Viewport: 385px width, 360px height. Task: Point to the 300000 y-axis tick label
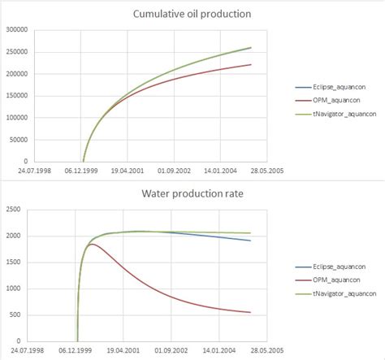coord(17,30)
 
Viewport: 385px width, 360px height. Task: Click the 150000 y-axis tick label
coord(17,96)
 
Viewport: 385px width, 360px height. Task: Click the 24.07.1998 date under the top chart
coord(37,171)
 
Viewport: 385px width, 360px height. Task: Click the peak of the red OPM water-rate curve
coord(92,244)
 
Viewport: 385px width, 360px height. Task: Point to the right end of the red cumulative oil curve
coord(251,65)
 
